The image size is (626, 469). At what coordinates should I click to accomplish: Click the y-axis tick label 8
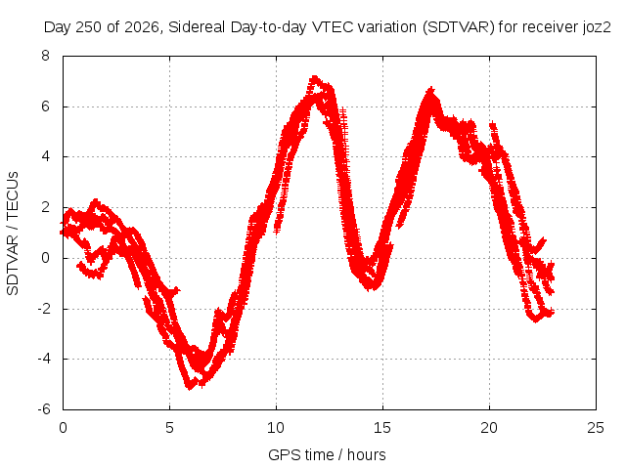pyautogui.click(x=45, y=56)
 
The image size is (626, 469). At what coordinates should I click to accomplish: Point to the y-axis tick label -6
pyautogui.click(x=44, y=409)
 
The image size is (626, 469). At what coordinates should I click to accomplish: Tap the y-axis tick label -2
pyautogui.click(x=44, y=309)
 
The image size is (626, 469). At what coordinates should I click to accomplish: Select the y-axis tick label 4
pyautogui.click(x=45, y=156)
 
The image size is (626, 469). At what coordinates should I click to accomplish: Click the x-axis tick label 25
pyautogui.click(x=596, y=428)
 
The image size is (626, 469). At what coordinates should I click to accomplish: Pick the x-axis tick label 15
pyautogui.click(x=382, y=428)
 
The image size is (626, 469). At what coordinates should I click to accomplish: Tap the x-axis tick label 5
pyautogui.click(x=169, y=428)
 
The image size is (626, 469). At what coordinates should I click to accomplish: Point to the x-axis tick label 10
pyautogui.click(x=276, y=428)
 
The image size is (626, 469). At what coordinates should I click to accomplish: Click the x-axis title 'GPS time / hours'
pyautogui.click(x=327, y=454)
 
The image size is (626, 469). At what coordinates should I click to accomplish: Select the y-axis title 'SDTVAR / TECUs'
pyautogui.click(x=13, y=234)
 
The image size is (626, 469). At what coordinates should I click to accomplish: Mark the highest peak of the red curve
pyautogui.click(x=315, y=78)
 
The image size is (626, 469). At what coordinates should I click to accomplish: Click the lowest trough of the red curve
pyautogui.click(x=189, y=387)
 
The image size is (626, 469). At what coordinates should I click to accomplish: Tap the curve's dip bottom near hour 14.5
pyautogui.click(x=371, y=287)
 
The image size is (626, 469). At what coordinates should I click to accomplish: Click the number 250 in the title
pyautogui.click(x=89, y=27)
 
